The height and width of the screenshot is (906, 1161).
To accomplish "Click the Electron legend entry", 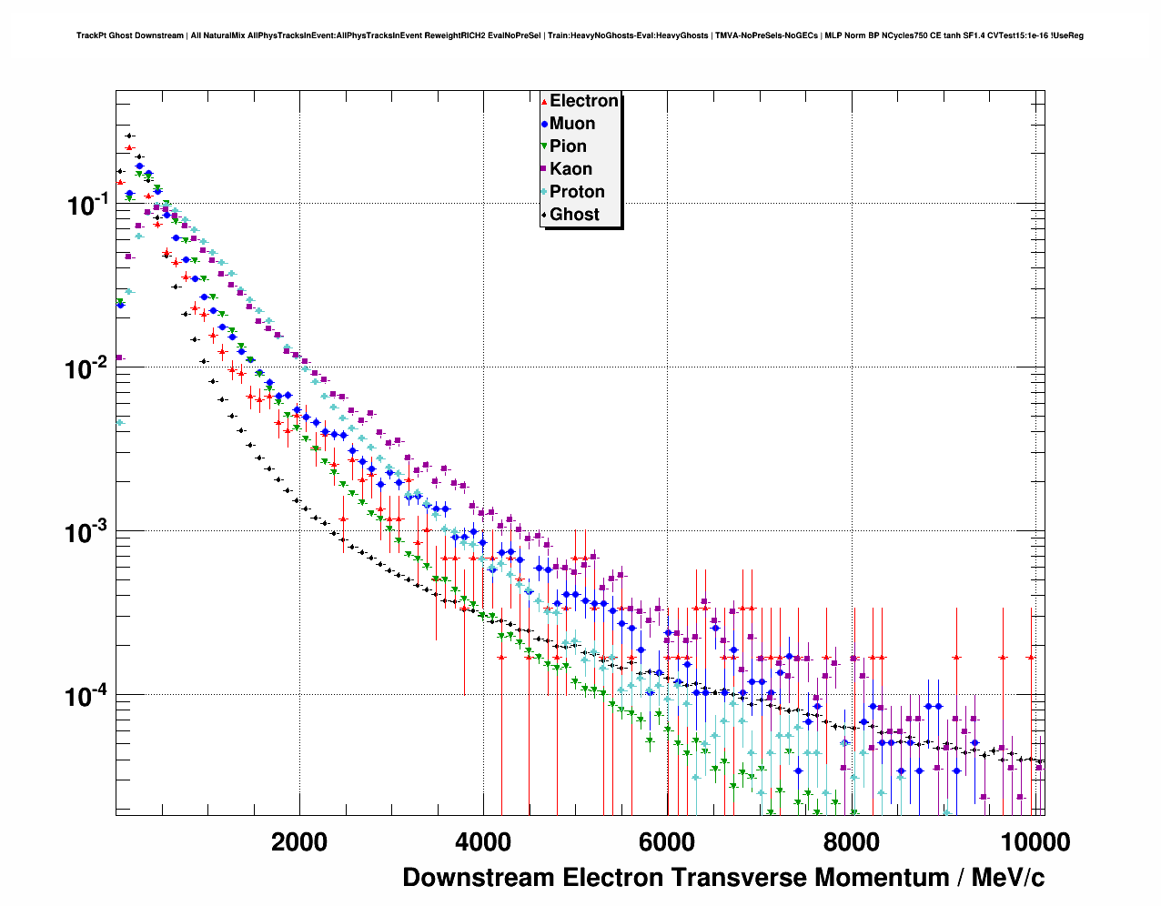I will coord(583,101).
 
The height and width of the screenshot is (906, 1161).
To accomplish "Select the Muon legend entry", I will coord(571,124).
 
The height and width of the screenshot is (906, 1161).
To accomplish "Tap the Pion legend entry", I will coord(568,146).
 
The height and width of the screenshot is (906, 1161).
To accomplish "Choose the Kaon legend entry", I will coord(570,169).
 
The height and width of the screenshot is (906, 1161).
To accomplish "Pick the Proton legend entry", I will coord(577,192).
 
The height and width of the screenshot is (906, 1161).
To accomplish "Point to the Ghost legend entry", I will coord(574,215).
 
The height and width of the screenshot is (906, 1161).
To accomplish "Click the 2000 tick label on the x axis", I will coord(299,842).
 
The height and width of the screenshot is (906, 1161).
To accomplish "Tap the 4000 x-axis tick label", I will coord(483,842).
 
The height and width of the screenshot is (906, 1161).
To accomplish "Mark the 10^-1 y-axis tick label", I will coord(88,206).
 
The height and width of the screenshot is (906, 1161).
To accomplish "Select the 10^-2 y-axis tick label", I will coord(88,369).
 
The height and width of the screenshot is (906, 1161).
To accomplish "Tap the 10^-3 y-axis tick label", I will coord(88,532).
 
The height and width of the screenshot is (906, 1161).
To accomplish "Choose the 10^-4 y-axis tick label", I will coord(88,697).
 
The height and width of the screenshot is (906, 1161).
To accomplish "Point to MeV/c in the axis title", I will coord(1008,878).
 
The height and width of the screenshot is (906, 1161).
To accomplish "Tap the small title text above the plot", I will coord(580,35).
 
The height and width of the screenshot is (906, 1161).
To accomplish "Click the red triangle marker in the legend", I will coord(544,102).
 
